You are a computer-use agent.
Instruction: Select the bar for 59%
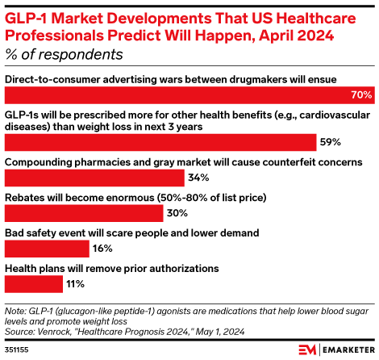[160, 142]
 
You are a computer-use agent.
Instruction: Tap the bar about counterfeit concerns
[94, 178]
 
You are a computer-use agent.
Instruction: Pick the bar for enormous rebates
[85, 213]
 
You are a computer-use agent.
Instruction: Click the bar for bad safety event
[47, 249]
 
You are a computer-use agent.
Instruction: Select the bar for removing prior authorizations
[34, 284]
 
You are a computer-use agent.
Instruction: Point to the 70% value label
[361, 95]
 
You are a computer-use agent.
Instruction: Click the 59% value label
[331, 142]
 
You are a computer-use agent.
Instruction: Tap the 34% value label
[198, 178]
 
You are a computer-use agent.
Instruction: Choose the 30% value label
[177, 213]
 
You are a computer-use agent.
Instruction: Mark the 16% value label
[103, 249]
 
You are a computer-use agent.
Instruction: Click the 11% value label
[75, 284]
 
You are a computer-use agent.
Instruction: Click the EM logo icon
[306, 350]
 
